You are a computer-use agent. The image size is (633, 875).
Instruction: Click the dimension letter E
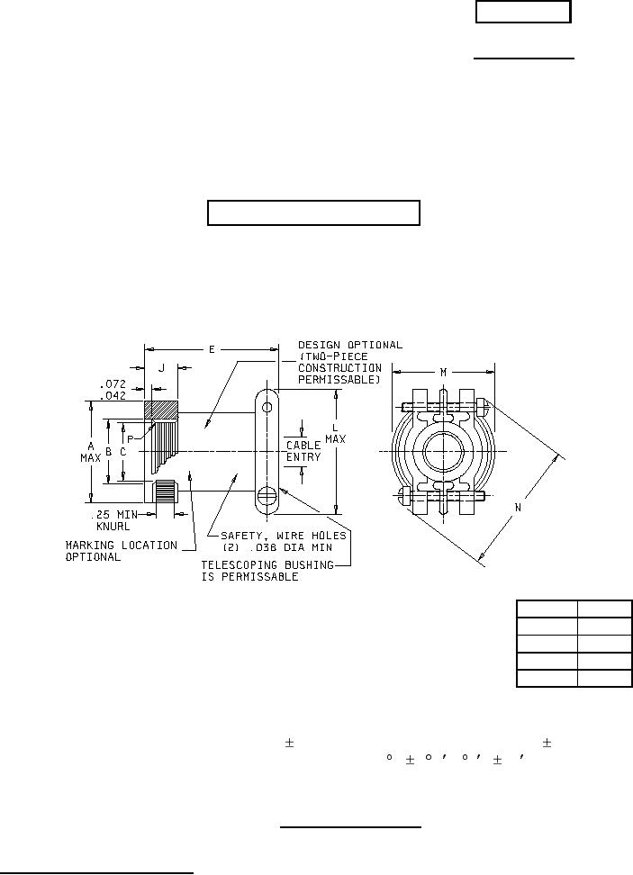click(x=212, y=350)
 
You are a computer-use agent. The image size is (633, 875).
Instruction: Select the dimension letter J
click(x=161, y=368)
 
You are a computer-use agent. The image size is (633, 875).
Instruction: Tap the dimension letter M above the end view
click(x=443, y=373)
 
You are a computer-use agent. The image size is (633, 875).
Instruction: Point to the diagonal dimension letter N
click(x=518, y=508)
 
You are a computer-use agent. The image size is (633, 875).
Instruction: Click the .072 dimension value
click(x=113, y=384)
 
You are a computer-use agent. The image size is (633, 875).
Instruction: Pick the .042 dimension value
click(x=113, y=396)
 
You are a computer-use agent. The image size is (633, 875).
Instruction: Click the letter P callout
click(x=131, y=439)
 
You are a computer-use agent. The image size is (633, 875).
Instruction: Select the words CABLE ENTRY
click(x=303, y=451)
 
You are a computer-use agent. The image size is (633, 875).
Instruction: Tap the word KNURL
click(x=113, y=527)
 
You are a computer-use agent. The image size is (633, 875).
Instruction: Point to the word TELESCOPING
click(x=236, y=565)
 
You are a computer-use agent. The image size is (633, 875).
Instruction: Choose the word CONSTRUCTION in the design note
click(x=340, y=368)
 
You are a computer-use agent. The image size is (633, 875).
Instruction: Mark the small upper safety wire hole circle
click(x=267, y=408)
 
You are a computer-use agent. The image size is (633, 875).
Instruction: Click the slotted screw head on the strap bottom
click(x=267, y=494)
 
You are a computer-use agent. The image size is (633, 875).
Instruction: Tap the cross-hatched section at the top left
click(x=161, y=410)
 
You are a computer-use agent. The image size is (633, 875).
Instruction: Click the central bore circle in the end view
click(x=443, y=451)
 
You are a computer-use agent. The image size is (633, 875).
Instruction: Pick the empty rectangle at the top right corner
click(x=523, y=12)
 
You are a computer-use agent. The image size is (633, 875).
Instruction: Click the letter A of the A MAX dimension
click(x=90, y=447)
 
